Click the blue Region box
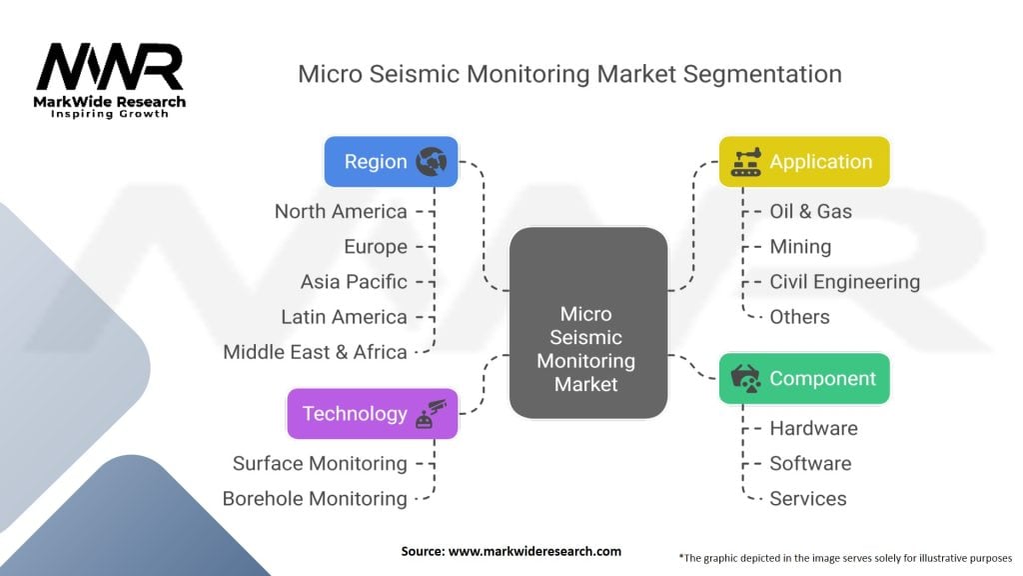[392, 161]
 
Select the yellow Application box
[804, 161]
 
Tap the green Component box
[804, 379]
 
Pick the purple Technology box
[373, 413]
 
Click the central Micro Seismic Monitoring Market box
[587, 323]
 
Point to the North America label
[341, 212]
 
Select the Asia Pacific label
[354, 282]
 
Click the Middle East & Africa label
[315, 352]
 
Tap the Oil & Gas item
[810, 212]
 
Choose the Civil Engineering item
[845, 282]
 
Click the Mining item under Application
[800, 247]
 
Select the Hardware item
[813, 428]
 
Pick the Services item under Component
[807, 499]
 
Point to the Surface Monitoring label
[320, 464]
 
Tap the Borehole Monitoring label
[315, 499]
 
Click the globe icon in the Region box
[432, 161]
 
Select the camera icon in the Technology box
[432, 413]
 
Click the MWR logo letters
[110, 67]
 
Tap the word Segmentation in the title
[762, 74]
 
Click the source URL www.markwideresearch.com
[535, 551]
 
